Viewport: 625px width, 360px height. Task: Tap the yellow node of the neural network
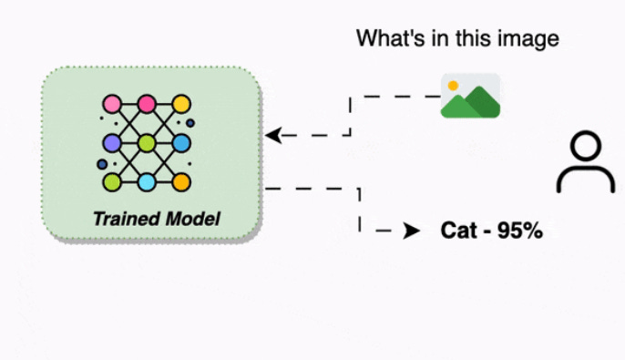[181, 103]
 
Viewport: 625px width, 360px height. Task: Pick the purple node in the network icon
[112, 143]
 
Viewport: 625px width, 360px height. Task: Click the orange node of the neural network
[181, 182]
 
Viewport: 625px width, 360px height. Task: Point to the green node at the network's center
[147, 143]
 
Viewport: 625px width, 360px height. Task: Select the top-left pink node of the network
[112, 103]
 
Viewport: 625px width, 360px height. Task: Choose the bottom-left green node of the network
[112, 182]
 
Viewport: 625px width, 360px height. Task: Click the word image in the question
[531, 38]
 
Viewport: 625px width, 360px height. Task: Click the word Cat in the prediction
[457, 231]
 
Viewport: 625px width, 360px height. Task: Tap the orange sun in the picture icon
[453, 86]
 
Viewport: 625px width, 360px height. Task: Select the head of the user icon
[585, 149]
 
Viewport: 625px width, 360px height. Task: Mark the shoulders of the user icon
[585, 180]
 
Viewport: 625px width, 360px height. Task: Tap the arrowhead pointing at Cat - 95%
[413, 231]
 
